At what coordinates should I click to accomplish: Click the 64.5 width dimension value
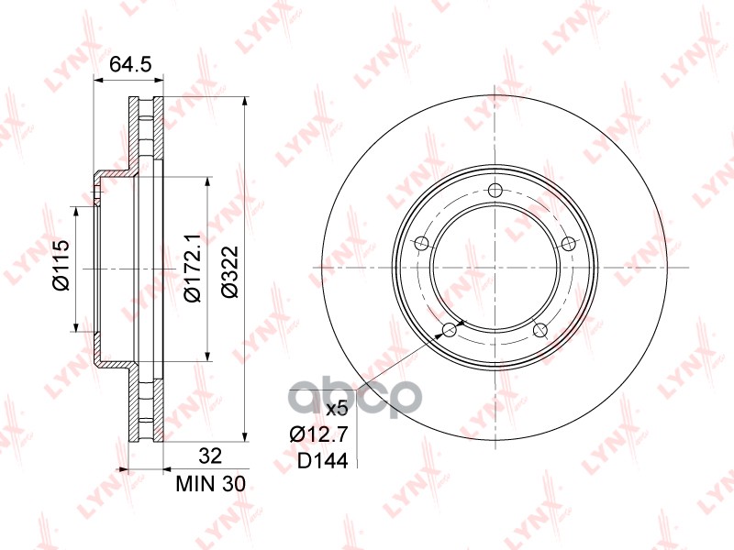tap(130, 64)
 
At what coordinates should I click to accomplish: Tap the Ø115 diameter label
tap(61, 265)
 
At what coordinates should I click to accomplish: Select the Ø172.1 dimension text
tap(192, 269)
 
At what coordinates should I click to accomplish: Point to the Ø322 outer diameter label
tap(230, 272)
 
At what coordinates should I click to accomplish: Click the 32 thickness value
tap(210, 456)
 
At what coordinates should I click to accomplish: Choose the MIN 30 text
tap(210, 484)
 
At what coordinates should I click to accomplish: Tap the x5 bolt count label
tap(337, 410)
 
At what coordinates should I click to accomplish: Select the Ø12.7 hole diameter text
tap(318, 434)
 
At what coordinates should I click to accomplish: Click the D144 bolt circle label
tap(323, 461)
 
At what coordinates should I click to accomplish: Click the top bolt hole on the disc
tap(495, 191)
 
